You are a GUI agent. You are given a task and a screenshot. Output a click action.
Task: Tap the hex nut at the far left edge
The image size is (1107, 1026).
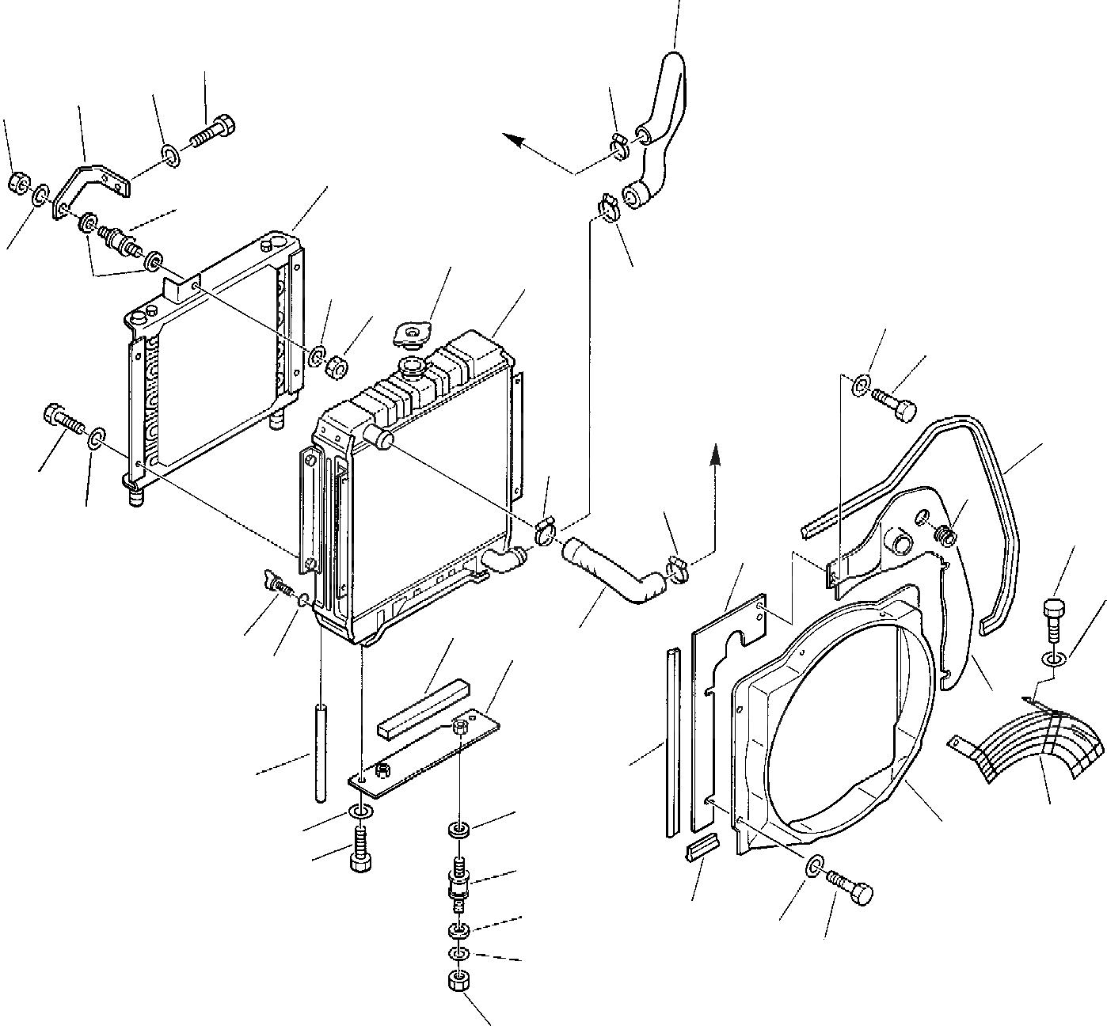pos(16,184)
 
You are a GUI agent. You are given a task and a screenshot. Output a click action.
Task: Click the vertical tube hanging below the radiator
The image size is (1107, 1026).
pos(321,752)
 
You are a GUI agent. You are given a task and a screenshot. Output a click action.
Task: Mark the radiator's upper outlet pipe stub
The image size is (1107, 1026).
pos(376,435)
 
